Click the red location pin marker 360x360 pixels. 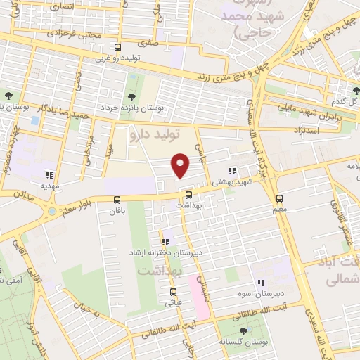click(x=181, y=166)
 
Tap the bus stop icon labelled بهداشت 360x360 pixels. click(x=188, y=195)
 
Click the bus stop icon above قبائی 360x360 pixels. click(x=173, y=292)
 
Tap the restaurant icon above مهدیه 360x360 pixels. click(x=49, y=175)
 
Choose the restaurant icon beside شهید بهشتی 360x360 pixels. click(x=232, y=171)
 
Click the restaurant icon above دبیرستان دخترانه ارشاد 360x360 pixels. click(x=165, y=241)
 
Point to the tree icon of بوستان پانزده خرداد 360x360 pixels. click(x=131, y=97)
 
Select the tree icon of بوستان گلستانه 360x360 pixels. click(x=243, y=330)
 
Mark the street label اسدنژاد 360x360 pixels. click(x=304, y=131)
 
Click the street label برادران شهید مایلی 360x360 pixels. click(x=309, y=113)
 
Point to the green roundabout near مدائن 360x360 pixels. click(x=52, y=211)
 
